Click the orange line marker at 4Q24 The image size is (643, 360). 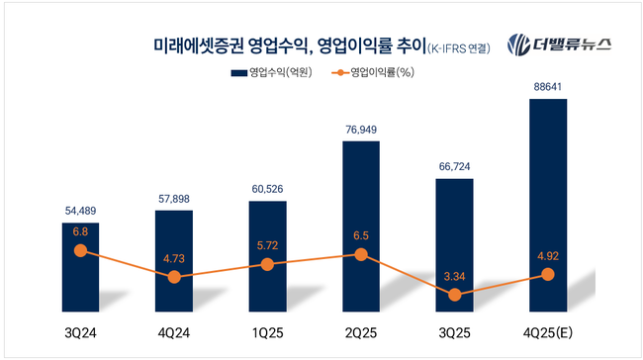point(174,277)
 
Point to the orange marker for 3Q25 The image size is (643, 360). point(454,295)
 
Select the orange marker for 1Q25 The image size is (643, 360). point(267,264)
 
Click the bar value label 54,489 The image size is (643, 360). point(80,211)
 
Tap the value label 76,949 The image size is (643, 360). point(361,129)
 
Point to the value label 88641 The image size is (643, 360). point(548,87)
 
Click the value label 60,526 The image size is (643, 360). point(267,189)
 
